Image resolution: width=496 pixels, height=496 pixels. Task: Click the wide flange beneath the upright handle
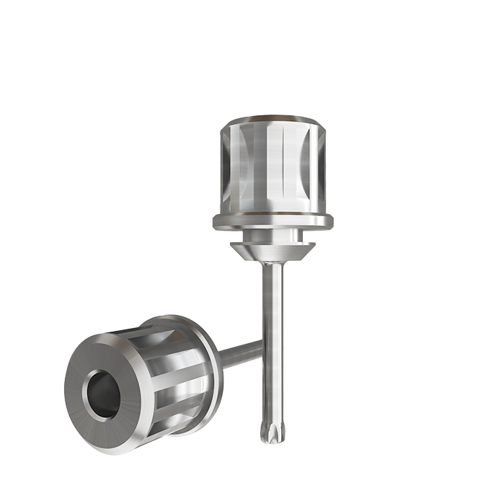[x=274, y=221]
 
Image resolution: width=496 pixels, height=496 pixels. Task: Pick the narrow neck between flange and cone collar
[x=273, y=236]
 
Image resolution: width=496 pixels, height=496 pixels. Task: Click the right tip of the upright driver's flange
[x=332, y=220]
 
